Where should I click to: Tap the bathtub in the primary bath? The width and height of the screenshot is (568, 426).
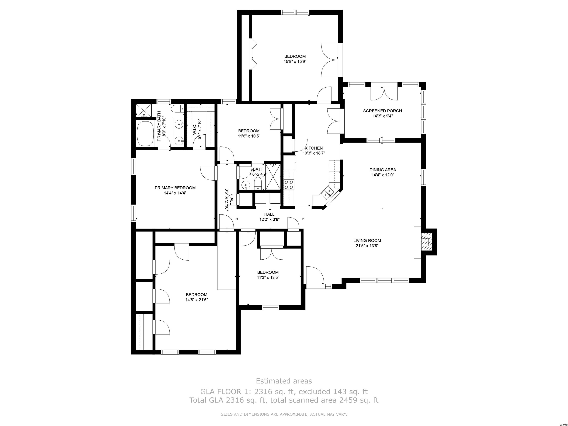pyautogui.click(x=145, y=133)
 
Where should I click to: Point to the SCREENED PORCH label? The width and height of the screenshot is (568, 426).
pyautogui.click(x=382, y=111)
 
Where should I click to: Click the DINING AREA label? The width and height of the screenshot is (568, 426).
pyautogui.click(x=383, y=170)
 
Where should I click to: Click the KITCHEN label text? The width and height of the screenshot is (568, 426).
pyautogui.click(x=314, y=148)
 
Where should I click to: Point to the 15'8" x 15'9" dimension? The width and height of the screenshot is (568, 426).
pyautogui.click(x=295, y=62)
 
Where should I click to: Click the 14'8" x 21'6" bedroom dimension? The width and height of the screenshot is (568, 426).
pyautogui.click(x=197, y=300)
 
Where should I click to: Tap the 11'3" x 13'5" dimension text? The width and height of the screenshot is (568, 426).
pyautogui.click(x=268, y=277)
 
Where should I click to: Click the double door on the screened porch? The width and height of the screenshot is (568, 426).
pyautogui.click(x=384, y=94)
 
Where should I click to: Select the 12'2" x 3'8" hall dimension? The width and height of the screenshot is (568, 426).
pyautogui.click(x=269, y=219)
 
